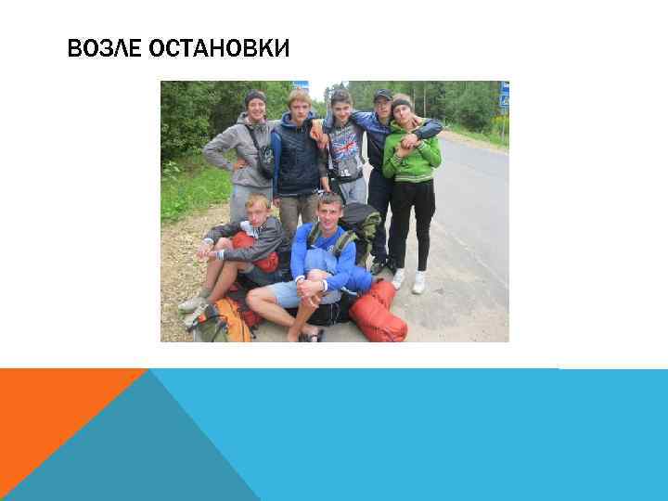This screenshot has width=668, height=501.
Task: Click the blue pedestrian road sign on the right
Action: click(504, 94)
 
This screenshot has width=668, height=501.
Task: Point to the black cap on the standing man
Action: click(382, 95)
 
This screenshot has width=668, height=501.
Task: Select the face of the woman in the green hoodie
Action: click(403, 111)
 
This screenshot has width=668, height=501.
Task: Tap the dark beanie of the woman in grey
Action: click(255, 96)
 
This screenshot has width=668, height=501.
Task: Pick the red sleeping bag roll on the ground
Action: click(378, 314)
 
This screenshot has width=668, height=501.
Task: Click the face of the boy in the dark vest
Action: click(300, 108)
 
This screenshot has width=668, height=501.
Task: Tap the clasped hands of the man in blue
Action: click(316, 282)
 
